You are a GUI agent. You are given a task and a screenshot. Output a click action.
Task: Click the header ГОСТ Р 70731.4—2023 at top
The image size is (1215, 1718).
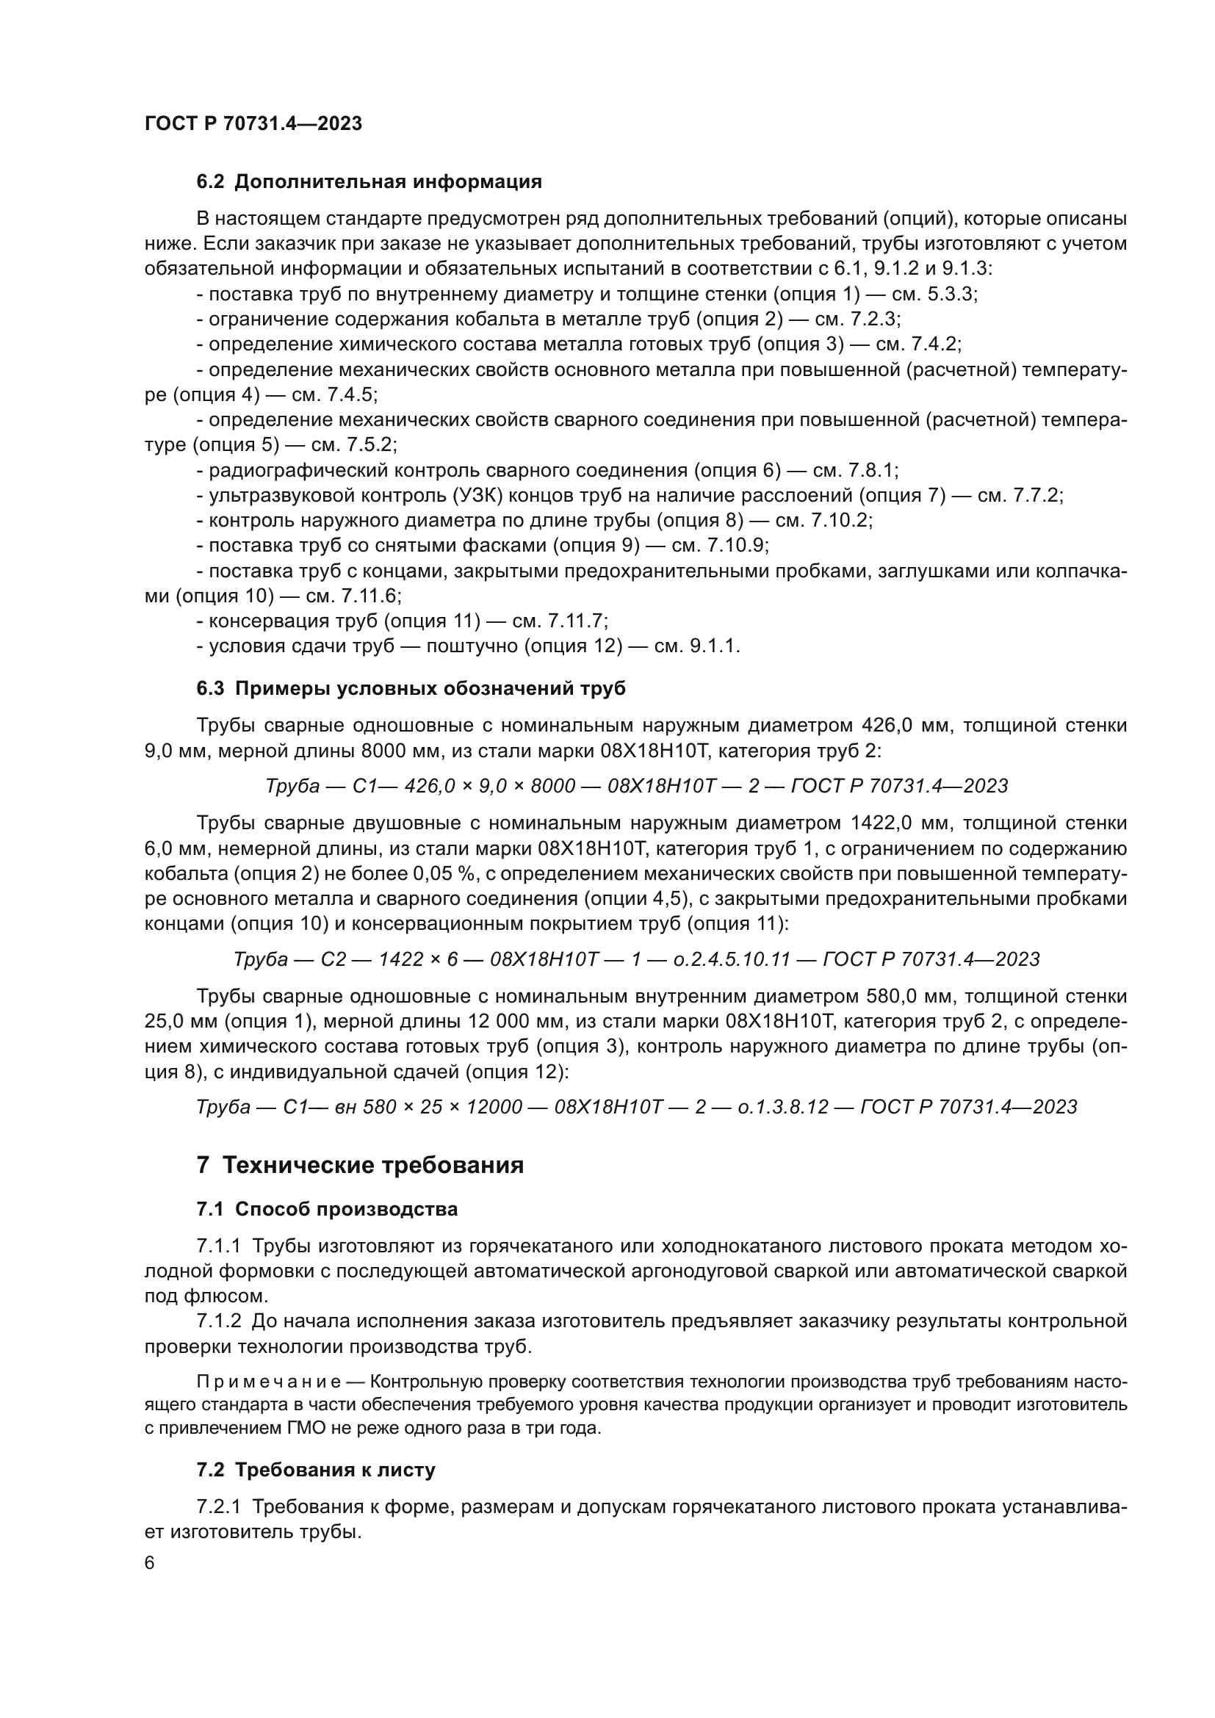pyautogui.click(x=253, y=123)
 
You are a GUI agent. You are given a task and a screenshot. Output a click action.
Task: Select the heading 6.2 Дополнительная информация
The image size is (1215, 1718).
pyautogui.click(x=369, y=182)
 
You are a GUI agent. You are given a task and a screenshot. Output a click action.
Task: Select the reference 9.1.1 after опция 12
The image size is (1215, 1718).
pyautogui.click(x=715, y=646)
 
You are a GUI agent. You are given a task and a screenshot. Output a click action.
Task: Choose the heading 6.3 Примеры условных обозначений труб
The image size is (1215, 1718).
pyautogui.click(x=411, y=688)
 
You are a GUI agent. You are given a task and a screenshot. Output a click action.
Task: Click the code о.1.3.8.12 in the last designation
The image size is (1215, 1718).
pyautogui.click(x=783, y=1107)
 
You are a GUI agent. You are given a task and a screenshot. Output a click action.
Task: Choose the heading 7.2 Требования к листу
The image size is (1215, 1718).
pyautogui.click(x=316, y=1470)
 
